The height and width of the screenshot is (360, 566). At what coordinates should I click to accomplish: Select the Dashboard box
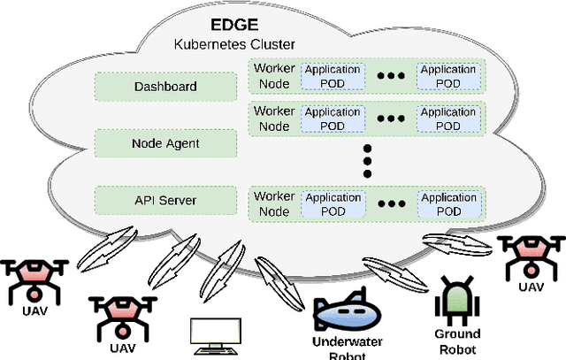[x=165, y=87]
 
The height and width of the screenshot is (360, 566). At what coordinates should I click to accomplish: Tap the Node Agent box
[x=165, y=142]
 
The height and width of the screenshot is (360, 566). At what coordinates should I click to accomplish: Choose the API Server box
[x=165, y=199]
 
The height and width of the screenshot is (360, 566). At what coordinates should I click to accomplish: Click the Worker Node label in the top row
[x=273, y=75]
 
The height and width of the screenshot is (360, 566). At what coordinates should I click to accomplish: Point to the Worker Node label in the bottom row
[x=273, y=204]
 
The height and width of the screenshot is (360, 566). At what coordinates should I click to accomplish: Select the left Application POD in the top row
[x=332, y=75]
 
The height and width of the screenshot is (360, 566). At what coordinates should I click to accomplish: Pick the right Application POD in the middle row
[x=447, y=119]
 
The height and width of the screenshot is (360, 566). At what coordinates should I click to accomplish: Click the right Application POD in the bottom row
[x=447, y=204]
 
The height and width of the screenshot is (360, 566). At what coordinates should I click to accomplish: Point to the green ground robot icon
[x=457, y=301]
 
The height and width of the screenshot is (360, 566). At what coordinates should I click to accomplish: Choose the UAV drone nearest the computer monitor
[x=120, y=314]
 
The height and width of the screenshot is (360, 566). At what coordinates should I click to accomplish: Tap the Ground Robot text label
[x=457, y=341]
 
